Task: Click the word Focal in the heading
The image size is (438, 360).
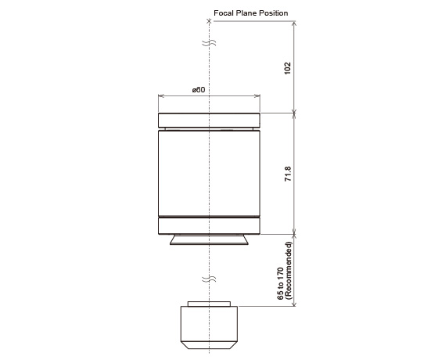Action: pyautogui.click(x=224, y=13)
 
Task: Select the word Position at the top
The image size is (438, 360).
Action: pyautogui.click(x=274, y=13)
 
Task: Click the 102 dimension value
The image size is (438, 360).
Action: pyautogui.click(x=288, y=68)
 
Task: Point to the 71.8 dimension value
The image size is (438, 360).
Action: pyautogui.click(x=288, y=174)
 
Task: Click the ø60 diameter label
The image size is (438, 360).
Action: pyautogui.click(x=199, y=90)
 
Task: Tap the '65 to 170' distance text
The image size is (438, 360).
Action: pyautogui.click(x=281, y=283)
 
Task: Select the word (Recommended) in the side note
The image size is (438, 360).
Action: pyautogui.click(x=289, y=270)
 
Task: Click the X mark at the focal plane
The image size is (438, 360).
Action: pyautogui.click(x=209, y=21)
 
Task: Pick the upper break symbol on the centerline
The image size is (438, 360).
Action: pyautogui.click(x=209, y=43)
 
